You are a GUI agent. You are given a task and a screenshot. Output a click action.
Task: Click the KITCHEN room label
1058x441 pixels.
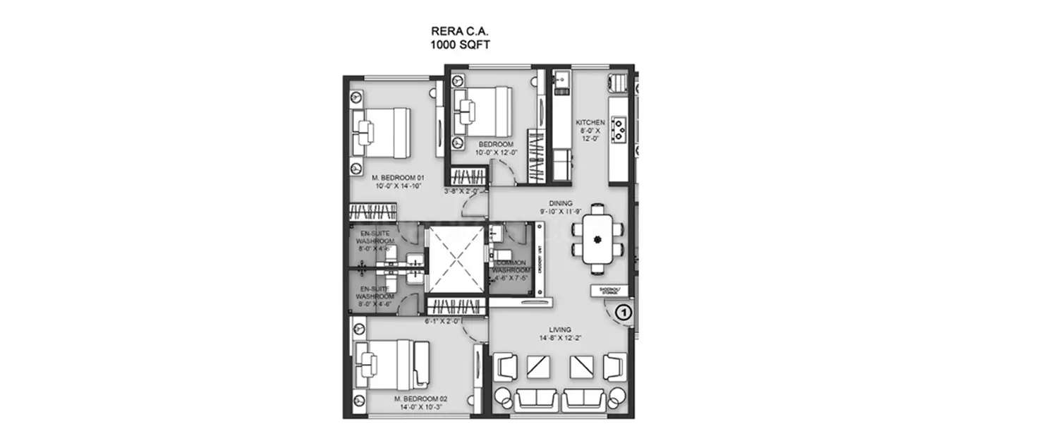coord(590,122)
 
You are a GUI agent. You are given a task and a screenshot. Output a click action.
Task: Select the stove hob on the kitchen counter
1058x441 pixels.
coord(620,128)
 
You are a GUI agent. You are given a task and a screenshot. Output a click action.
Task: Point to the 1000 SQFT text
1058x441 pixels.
coord(460,44)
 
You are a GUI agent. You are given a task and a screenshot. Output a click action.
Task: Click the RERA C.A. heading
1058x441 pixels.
coord(460,31)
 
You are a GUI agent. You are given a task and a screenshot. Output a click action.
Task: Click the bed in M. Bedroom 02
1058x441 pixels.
coord(391,363)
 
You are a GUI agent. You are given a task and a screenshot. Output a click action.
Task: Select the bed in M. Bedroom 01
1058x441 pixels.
coord(381,132)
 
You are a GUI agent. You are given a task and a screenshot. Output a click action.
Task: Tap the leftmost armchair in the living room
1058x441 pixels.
coord(507,368)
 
